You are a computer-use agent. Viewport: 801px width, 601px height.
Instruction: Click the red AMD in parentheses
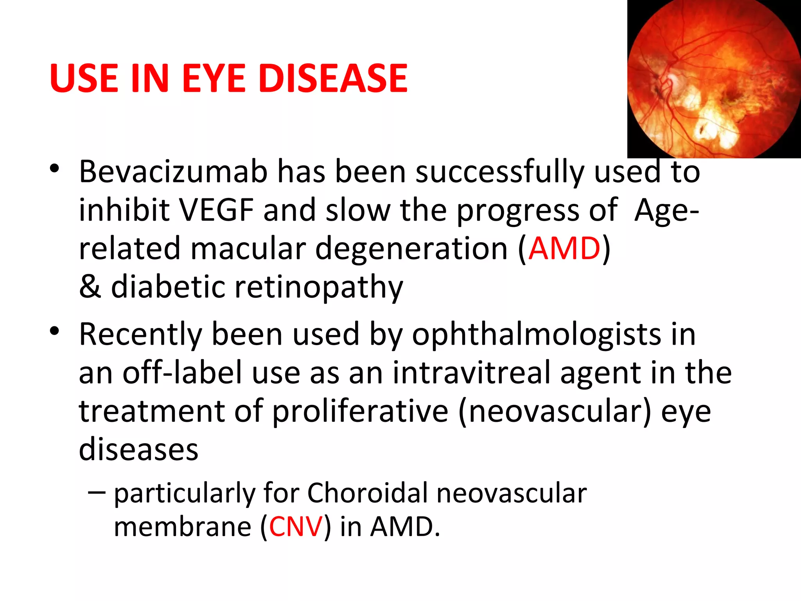point(564,248)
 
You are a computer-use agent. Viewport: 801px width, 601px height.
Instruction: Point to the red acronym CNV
point(296,527)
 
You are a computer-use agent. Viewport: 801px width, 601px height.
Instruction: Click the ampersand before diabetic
point(90,287)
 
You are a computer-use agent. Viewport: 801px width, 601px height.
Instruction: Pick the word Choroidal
point(367,493)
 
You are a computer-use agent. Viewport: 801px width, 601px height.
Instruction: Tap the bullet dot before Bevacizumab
point(54,169)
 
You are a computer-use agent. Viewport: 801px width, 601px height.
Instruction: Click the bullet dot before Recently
point(54,331)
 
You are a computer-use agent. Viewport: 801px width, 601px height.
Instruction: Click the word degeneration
point(411,249)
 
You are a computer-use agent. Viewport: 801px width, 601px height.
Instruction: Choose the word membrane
point(182,527)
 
